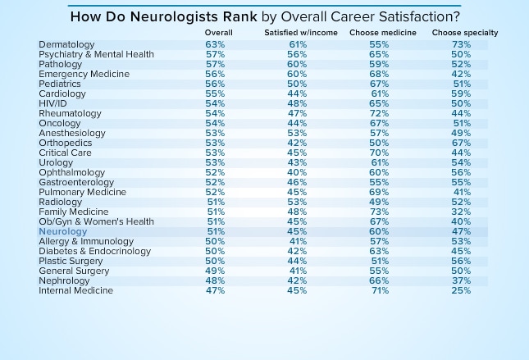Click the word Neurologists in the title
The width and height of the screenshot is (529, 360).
[x=153, y=16]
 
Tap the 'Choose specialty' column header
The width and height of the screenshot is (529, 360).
[x=465, y=33]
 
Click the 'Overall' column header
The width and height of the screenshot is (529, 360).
[x=219, y=33]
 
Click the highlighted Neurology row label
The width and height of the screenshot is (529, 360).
[x=62, y=232]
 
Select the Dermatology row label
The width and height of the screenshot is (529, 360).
[x=66, y=44]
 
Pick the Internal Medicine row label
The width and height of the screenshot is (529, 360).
[x=75, y=291]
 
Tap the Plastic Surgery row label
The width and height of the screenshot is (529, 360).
[x=71, y=262]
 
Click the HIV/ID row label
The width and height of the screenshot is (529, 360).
[x=52, y=103]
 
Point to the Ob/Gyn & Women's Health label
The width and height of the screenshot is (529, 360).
[x=96, y=222]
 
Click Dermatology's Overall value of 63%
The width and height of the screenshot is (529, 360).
[x=215, y=44]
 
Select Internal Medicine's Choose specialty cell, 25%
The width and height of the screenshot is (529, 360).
[x=461, y=291]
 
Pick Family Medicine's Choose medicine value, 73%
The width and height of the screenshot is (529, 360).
[x=380, y=212]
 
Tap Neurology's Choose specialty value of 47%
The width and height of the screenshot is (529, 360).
[x=461, y=232]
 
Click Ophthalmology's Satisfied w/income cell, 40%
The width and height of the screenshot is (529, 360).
[x=297, y=173]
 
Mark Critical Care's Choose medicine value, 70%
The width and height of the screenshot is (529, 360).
[x=380, y=153]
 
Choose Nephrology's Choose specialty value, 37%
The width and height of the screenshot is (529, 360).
[x=461, y=281]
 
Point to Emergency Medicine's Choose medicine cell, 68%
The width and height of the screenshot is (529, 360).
[x=380, y=74]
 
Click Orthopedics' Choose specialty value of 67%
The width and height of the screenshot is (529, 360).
[x=461, y=143]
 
